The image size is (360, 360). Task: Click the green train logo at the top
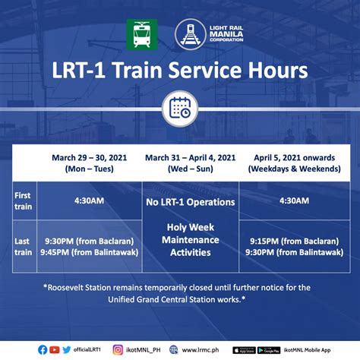click(x=142, y=35)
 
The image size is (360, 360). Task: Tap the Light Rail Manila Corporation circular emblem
click(x=189, y=35)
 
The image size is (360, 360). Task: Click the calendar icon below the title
click(x=180, y=108)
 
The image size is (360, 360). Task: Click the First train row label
click(x=23, y=201)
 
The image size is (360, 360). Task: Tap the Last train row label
click(x=23, y=247)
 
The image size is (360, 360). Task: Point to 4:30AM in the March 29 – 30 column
click(x=90, y=201)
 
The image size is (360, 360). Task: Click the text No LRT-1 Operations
click(x=191, y=202)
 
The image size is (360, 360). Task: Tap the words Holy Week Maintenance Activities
click(x=191, y=239)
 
